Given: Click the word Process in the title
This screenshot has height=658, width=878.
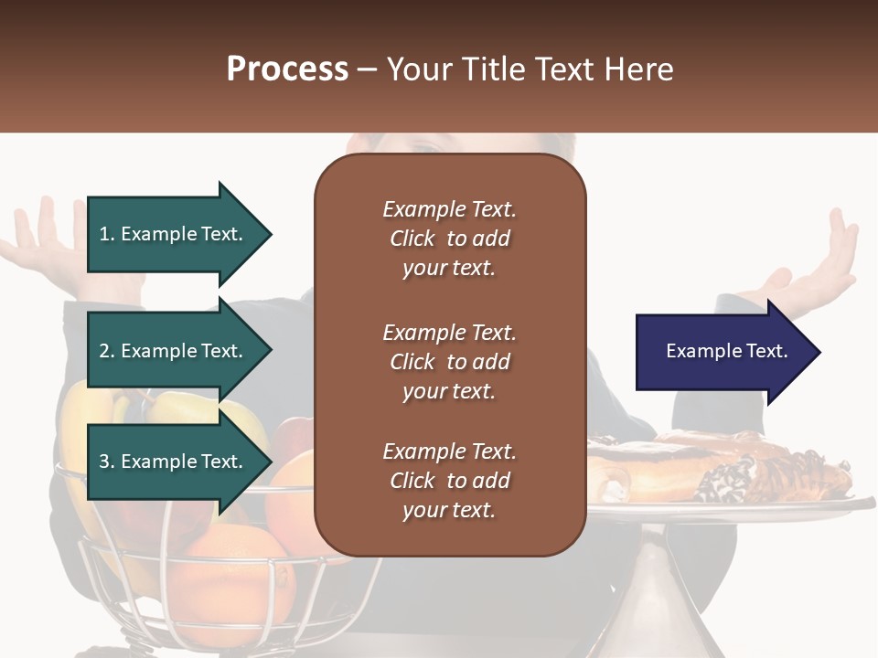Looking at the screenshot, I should click(287, 69).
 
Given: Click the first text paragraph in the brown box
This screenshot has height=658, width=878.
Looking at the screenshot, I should click(449, 239).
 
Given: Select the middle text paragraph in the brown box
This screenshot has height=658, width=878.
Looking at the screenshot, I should click(449, 362).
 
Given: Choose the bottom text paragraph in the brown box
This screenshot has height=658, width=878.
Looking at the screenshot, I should click(449, 481).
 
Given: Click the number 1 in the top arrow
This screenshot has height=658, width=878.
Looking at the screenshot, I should click(104, 234).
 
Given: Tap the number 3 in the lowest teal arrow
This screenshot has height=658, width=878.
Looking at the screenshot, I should click(104, 462).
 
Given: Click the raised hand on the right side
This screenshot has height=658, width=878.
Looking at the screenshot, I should click(823, 265).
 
